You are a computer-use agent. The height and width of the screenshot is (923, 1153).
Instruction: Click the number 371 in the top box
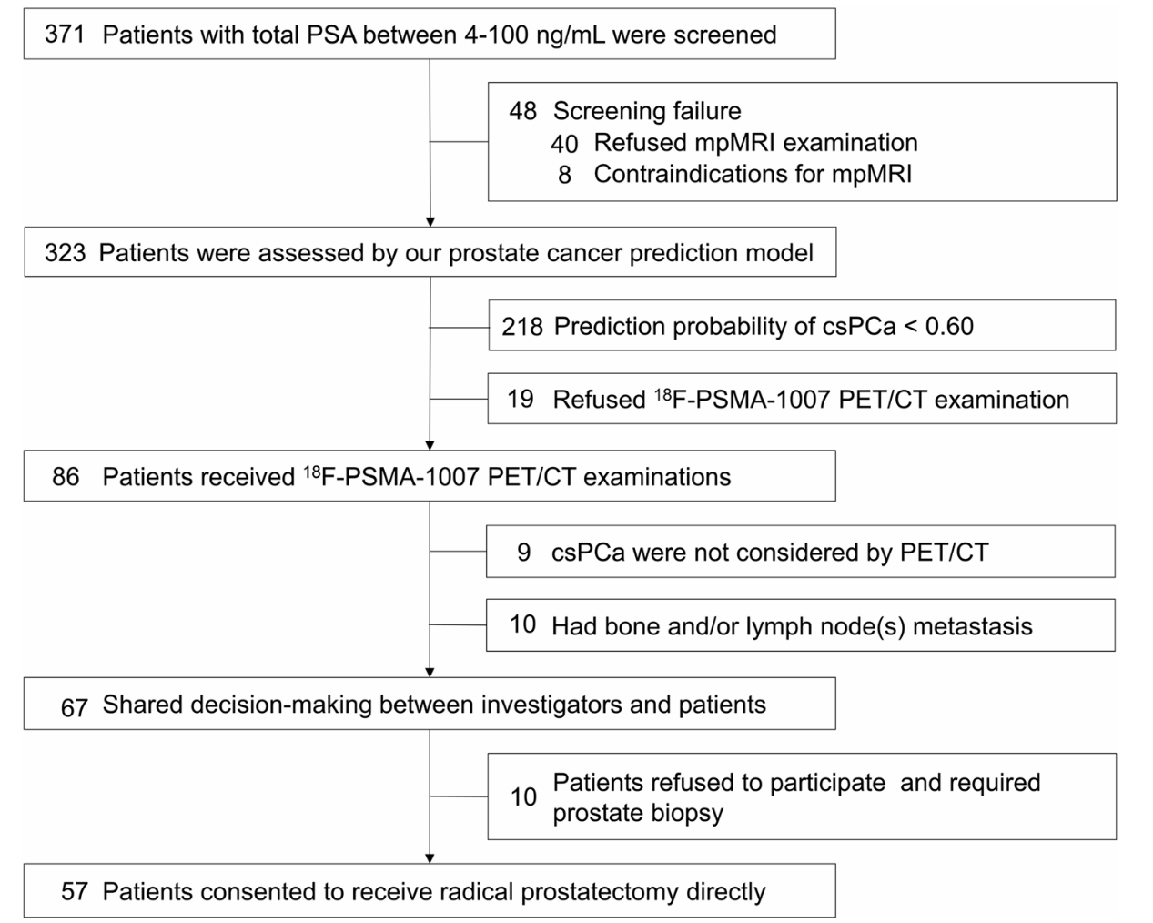(x=65, y=35)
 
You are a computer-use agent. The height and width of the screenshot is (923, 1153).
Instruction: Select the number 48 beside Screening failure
(x=523, y=111)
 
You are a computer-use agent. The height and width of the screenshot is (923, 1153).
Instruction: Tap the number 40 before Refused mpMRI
(x=564, y=144)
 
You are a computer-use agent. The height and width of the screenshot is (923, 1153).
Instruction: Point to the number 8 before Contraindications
(x=565, y=175)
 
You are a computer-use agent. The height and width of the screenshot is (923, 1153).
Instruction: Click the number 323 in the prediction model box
(x=65, y=253)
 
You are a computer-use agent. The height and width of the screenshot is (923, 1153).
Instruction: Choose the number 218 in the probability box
(x=521, y=327)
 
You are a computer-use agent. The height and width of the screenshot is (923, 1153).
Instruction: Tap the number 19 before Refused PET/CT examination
(x=521, y=399)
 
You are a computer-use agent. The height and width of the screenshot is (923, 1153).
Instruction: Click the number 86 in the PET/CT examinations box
(x=66, y=476)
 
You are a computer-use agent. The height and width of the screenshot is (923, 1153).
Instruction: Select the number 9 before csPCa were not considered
(x=523, y=553)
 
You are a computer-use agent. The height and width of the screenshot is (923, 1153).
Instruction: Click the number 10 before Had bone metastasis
(x=523, y=624)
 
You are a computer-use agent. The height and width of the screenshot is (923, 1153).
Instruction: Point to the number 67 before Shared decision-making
(x=74, y=707)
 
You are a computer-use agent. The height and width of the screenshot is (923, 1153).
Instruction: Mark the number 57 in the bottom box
(x=74, y=891)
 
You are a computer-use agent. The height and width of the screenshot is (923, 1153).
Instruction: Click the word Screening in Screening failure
(x=609, y=112)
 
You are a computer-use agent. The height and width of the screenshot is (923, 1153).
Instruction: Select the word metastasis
(x=973, y=626)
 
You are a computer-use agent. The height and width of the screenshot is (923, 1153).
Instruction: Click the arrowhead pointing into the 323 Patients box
(x=430, y=222)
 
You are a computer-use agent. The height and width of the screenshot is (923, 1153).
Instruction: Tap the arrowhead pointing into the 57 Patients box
(x=430, y=858)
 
